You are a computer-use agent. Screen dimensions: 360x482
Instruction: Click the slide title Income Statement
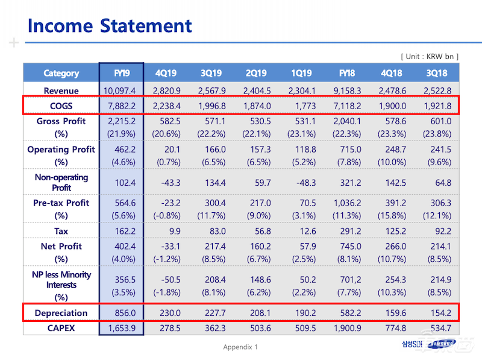pyautogui.click(x=110, y=25)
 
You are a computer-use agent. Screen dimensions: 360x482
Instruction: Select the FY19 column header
pyautogui.click(x=121, y=73)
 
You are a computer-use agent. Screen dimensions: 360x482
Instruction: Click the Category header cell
pyautogui.click(x=61, y=73)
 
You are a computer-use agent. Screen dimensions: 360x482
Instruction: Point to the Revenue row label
pyautogui.click(x=61, y=90)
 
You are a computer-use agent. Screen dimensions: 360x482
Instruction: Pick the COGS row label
pyautogui.click(x=61, y=106)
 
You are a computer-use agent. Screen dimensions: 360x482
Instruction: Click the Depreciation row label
pyautogui.click(x=61, y=313)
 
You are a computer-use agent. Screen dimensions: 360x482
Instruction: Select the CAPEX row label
pyautogui.click(x=61, y=328)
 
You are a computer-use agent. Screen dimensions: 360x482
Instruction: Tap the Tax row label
pyautogui.click(x=61, y=231)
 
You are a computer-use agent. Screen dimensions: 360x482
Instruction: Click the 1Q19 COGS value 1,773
pyautogui.click(x=301, y=106)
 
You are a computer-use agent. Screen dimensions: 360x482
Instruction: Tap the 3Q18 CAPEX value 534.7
pyautogui.click(x=438, y=328)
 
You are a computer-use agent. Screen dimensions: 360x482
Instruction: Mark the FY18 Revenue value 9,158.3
pyautogui.click(x=346, y=90)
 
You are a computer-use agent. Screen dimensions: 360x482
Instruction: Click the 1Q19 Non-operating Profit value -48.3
pyautogui.click(x=301, y=182)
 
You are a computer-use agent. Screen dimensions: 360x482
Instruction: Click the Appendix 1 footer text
pyautogui.click(x=240, y=347)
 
